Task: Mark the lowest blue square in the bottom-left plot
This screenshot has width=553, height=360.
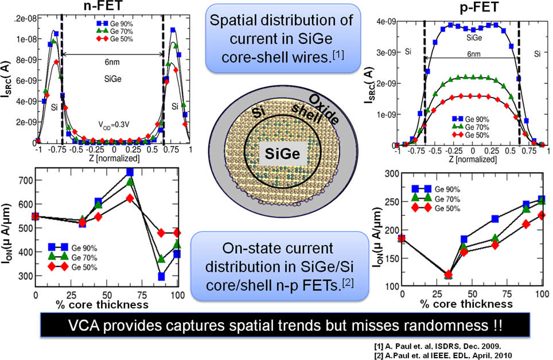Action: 161,276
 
